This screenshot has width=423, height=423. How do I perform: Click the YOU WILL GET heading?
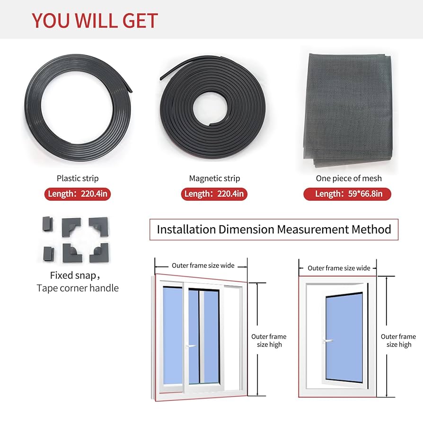point(95,21)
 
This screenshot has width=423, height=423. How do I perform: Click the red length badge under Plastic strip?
point(78,194)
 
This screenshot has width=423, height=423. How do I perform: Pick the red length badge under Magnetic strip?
point(214,194)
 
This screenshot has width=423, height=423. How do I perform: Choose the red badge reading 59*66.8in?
point(347,194)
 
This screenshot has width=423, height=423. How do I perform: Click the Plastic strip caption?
point(78,178)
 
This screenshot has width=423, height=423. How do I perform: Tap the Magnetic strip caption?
point(214,178)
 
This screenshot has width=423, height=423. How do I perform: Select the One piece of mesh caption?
point(349,178)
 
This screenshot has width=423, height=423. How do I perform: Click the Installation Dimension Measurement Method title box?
point(273,229)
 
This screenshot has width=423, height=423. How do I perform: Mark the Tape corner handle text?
point(78,288)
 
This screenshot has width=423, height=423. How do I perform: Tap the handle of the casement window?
point(327,340)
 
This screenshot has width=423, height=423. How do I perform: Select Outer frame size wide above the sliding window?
point(203,265)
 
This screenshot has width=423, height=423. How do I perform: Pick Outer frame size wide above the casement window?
point(339,268)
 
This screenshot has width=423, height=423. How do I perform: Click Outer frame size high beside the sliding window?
point(269,341)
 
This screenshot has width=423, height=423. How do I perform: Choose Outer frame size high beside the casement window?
point(398,341)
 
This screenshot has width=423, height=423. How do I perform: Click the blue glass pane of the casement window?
point(344,336)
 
